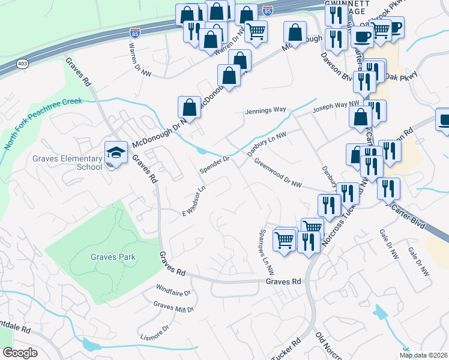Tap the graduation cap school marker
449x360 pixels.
tap(116, 152)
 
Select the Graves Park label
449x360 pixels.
tap(113, 257)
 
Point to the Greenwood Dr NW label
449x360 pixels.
tap(277, 173)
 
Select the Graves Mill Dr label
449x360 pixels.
tap(174, 307)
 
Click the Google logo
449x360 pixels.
tap(20, 353)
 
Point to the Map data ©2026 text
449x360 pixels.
tap(423, 355)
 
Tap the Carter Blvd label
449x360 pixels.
tap(408, 214)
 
